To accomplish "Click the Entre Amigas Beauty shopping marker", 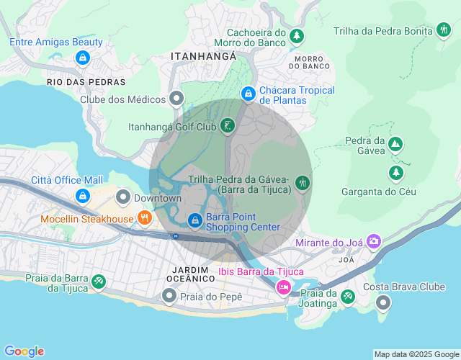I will (x=82, y=57).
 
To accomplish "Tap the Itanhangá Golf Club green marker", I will (x=228, y=127).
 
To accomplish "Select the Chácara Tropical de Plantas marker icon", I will (x=248, y=94).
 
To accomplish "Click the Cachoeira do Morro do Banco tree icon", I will (x=296, y=35).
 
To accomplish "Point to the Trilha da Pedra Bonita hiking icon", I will (x=443, y=30).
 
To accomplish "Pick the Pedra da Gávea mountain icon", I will (x=395, y=144).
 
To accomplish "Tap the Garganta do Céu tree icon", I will (x=395, y=173).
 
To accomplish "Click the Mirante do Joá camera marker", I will (x=374, y=241).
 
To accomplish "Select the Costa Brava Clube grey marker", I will (x=383, y=302).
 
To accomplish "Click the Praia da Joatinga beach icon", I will (x=348, y=296).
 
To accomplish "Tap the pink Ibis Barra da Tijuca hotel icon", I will (x=284, y=288).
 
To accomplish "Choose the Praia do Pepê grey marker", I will (x=169, y=295).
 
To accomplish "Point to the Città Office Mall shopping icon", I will (x=82, y=196).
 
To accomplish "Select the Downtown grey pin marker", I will (x=123, y=197).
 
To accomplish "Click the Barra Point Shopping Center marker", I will (x=194, y=220).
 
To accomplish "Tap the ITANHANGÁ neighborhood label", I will (x=203, y=55).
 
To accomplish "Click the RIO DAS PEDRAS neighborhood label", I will (x=86, y=82).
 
